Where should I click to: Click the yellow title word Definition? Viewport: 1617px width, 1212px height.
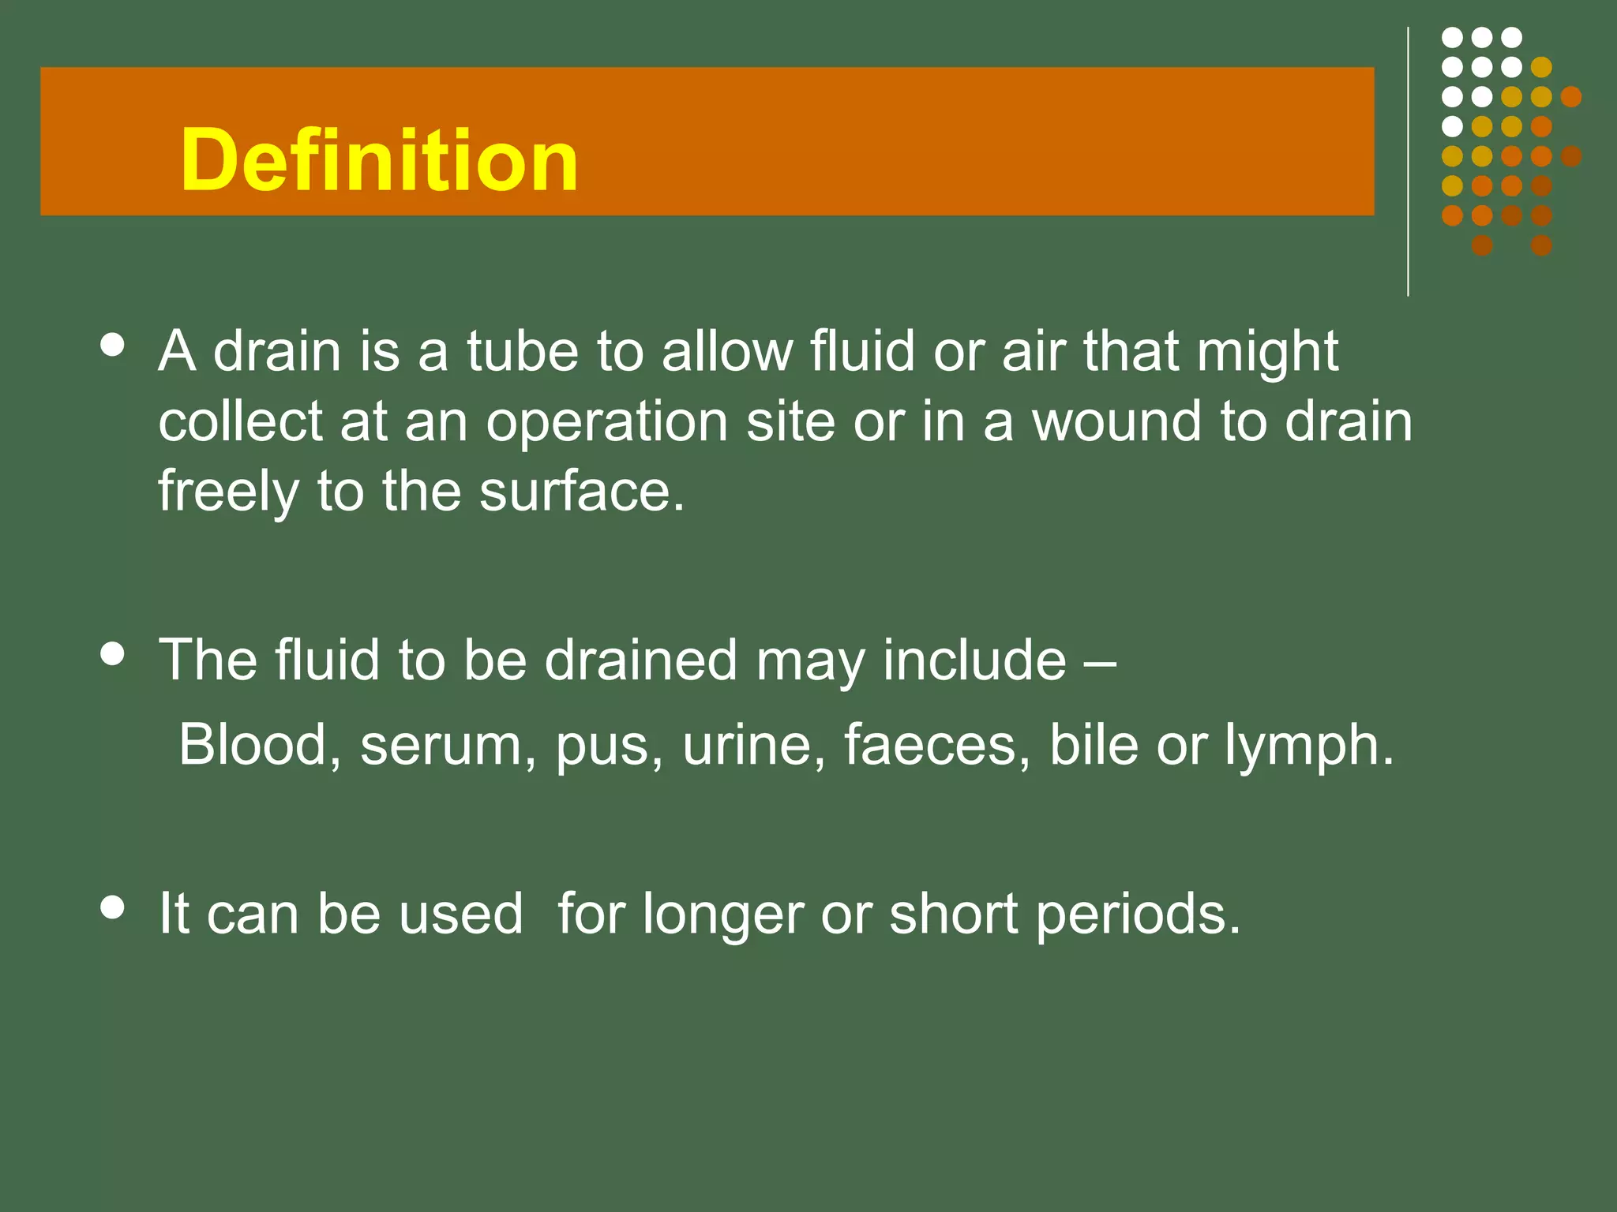379,160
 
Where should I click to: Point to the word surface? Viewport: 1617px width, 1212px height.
581,492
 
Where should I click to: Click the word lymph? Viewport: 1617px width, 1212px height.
1308,746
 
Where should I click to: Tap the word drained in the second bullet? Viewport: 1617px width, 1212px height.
640,660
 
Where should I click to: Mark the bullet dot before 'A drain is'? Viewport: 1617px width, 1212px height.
114,346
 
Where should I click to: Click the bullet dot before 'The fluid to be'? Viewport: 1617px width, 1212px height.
114,654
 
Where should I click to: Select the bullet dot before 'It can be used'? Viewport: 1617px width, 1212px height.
114,907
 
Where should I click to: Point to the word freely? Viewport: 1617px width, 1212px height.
228,493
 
